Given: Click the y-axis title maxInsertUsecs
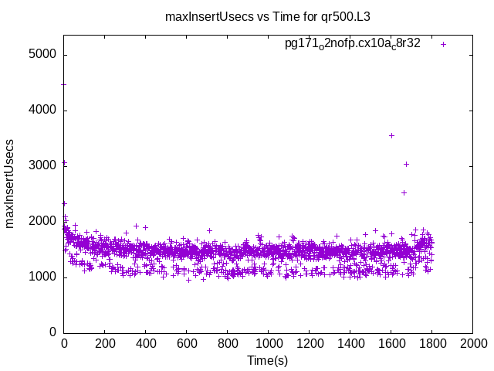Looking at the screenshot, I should (x=10, y=184).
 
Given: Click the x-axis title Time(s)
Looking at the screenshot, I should (x=267, y=361).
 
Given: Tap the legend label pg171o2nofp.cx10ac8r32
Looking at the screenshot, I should (x=352, y=43).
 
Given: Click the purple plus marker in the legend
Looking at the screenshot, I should (x=443, y=44).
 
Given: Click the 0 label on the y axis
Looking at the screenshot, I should (x=52, y=332).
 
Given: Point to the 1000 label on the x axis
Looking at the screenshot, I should (x=269, y=345).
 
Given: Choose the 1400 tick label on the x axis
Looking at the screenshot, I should (x=350, y=345).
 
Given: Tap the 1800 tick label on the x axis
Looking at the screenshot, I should (x=432, y=345).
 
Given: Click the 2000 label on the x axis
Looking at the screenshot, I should (x=473, y=345).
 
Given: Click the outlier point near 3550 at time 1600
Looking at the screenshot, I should (x=391, y=135).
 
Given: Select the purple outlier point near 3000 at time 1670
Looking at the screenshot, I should (x=406, y=164).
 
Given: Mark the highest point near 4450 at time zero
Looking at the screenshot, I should (x=64, y=85).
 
